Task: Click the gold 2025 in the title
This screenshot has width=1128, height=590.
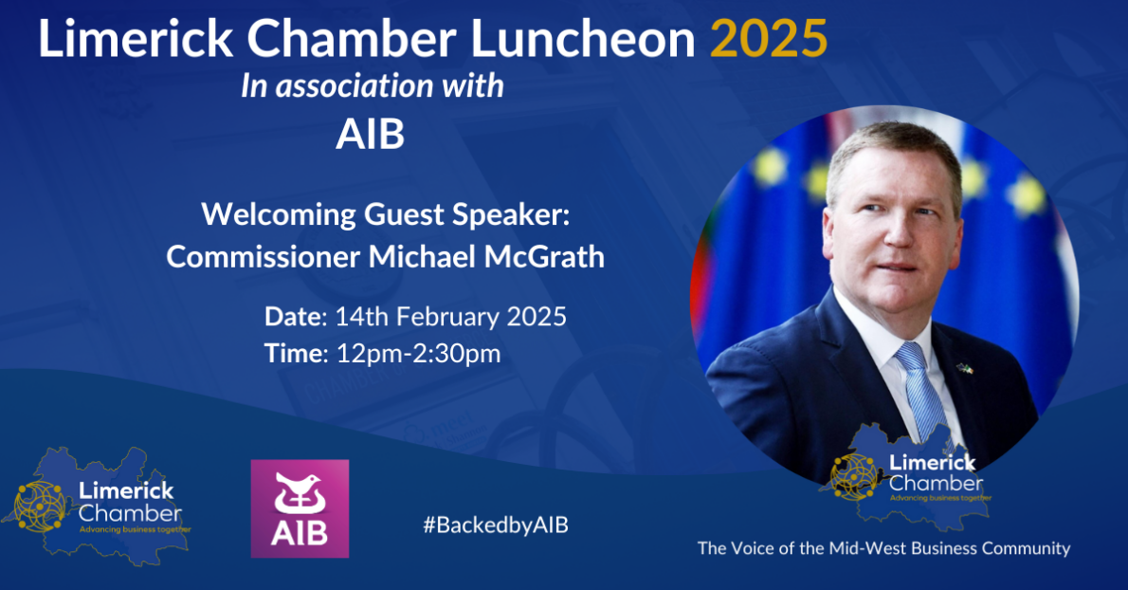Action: click(x=768, y=40)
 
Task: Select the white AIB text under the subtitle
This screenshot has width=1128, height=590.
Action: click(x=370, y=135)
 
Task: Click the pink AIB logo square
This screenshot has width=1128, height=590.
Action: click(x=300, y=508)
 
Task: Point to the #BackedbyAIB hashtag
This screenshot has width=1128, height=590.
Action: click(x=496, y=525)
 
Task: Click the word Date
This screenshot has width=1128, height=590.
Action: click(x=293, y=316)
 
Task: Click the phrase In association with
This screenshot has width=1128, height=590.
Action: click(x=372, y=86)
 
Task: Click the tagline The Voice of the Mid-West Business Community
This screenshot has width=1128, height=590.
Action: click(x=883, y=548)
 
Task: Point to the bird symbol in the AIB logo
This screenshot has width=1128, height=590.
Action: click(x=300, y=492)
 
